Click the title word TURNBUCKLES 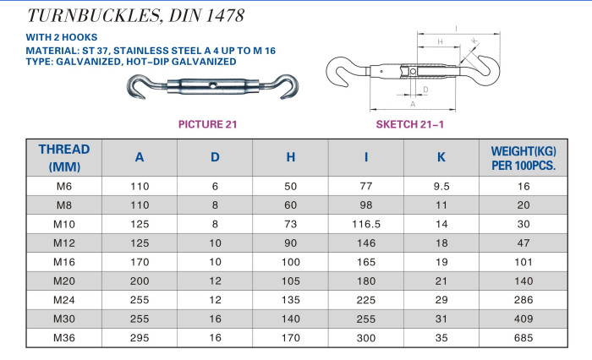pyautogui.click(x=95, y=15)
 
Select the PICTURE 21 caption pyautogui.click(x=208, y=124)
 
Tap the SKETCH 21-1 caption pyautogui.click(x=409, y=124)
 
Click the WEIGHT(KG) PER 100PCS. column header pyautogui.click(x=523, y=158)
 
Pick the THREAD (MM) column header pyautogui.click(x=64, y=158)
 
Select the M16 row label pyautogui.click(x=64, y=262)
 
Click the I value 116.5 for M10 pyautogui.click(x=366, y=224)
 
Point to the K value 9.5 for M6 pyautogui.click(x=441, y=187)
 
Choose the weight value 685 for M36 pyautogui.click(x=523, y=338)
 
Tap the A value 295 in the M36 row pyautogui.click(x=140, y=338)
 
